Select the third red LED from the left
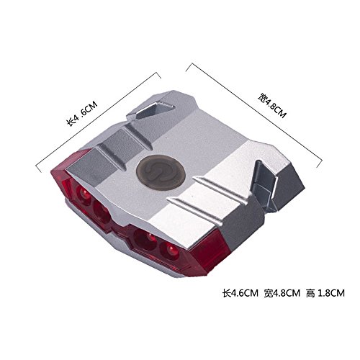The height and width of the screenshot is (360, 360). click(146, 239)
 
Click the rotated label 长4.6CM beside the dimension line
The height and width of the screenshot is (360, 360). click(82, 114)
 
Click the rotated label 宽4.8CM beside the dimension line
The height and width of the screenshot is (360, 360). click(272, 105)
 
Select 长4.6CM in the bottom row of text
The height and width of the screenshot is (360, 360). click(240, 293)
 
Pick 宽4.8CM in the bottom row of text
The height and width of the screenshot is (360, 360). click(282, 293)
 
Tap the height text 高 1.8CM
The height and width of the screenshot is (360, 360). click(325, 293)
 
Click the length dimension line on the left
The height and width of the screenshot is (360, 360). click(98, 122)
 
